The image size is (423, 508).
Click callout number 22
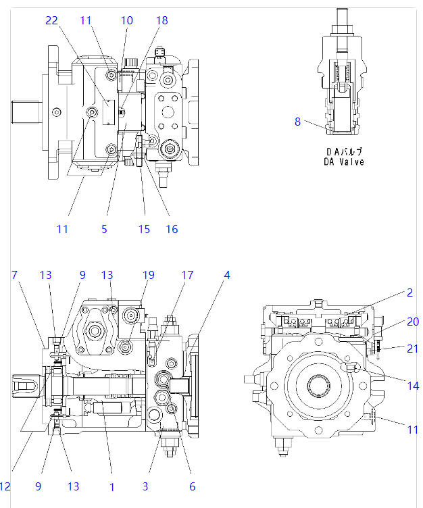click(x=52, y=20)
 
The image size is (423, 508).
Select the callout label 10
click(x=127, y=20)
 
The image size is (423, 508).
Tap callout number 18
click(x=161, y=20)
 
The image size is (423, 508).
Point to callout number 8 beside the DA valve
click(x=297, y=122)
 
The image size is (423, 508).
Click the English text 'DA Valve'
click(x=343, y=161)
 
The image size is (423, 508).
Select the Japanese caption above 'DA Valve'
click(x=343, y=151)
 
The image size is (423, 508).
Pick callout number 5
click(x=104, y=229)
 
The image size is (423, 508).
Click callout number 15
click(x=144, y=229)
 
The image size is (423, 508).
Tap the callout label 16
click(x=172, y=229)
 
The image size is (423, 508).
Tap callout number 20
click(x=412, y=322)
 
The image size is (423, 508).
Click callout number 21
click(x=412, y=348)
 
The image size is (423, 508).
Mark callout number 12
click(x=5, y=486)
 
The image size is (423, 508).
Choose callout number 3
click(x=144, y=486)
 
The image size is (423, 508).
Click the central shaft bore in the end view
click(x=318, y=387)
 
